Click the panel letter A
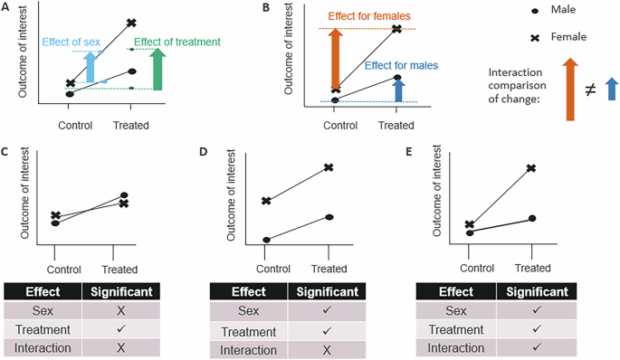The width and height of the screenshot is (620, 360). (7, 7)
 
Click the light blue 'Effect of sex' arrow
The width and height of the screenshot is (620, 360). (89, 68)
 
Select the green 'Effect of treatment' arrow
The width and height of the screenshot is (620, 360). (159, 70)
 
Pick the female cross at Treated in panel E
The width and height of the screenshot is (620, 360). (532, 168)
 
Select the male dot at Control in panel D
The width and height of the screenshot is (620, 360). (266, 240)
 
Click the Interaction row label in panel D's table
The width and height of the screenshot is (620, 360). (248, 350)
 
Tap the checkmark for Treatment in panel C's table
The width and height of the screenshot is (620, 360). (119, 330)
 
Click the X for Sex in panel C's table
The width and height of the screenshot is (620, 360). (119, 310)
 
